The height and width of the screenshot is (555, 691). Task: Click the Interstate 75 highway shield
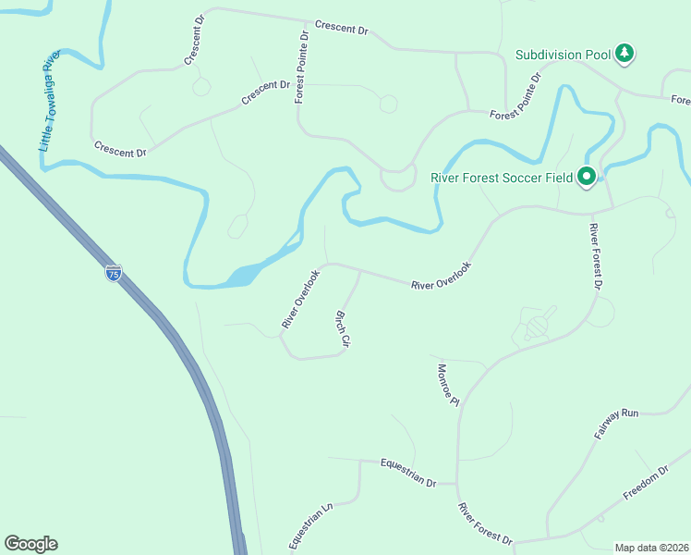(113, 275)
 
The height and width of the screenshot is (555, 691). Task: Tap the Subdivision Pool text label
(563, 55)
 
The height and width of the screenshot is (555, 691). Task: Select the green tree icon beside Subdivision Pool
(626, 53)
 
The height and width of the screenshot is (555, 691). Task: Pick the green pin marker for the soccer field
(586, 176)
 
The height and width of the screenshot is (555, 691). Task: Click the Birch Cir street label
(341, 328)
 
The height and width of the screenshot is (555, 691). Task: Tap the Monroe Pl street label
(447, 384)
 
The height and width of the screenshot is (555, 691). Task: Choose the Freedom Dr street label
(645, 482)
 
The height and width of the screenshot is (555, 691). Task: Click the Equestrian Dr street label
(407, 472)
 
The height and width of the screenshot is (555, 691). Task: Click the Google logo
(30, 544)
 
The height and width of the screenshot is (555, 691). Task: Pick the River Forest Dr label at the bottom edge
(485, 524)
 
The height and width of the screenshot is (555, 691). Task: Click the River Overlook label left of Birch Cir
(300, 299)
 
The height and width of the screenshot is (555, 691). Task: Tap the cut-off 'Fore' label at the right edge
(680, 100)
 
